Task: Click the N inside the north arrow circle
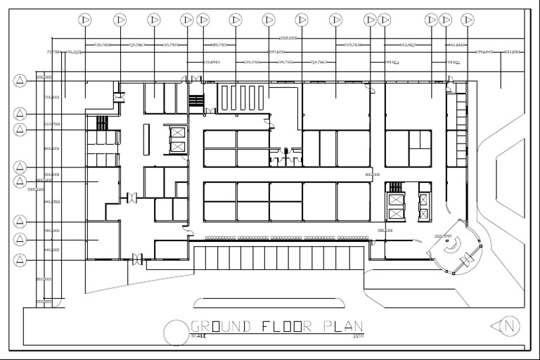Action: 511,326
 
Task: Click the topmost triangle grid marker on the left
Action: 20,80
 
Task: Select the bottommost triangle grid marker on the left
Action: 20,260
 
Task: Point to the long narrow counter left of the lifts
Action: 146,139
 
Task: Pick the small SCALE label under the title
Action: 199,336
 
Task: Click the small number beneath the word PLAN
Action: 358,336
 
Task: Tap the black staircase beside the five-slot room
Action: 196,101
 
